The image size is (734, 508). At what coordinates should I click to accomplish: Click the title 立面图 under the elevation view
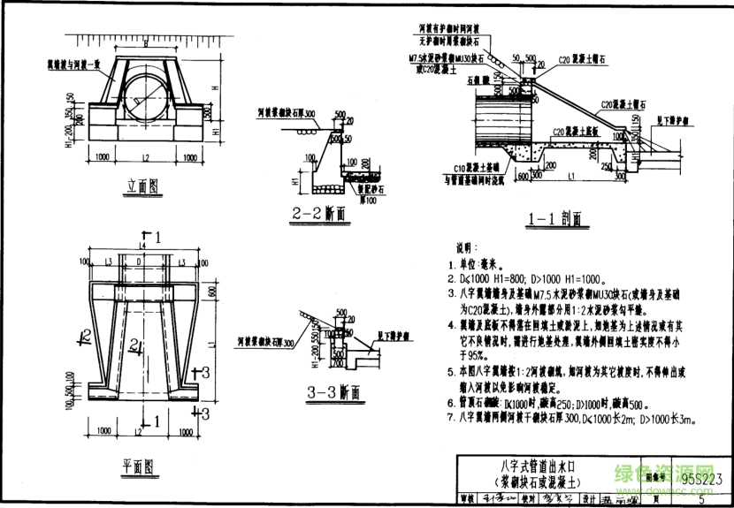141,186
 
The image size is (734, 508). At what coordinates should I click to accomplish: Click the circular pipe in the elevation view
142,96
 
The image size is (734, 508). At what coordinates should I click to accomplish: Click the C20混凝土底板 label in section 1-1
571,131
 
